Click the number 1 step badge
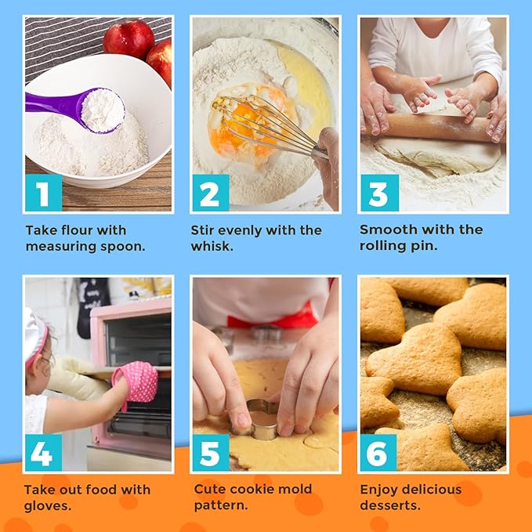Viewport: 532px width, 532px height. pyautogui.click(x=44, y=193)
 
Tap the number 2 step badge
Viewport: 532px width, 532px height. pyautogui.click(x=211, y=193)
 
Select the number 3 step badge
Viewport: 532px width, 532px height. pyautogui.click(x=379, y=193)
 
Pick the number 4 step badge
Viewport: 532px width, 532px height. pyautogui.click(x=44, y=453)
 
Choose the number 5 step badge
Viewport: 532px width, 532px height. pyautogui.click(x=211, y=453)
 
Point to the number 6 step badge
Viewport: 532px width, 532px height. pyautogui.click(x=378, y=453)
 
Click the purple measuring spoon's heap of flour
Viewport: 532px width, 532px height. pyautogui.click(x=103, y=110)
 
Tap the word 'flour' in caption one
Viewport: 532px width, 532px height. pyautogui.click(x=76, y=230)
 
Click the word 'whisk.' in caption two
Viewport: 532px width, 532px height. pyautogui.click(x=212, y=246)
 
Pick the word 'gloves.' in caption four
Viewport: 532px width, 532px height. pyautogui.click(x=48, y=506)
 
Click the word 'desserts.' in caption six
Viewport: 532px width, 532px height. pyautogui.click(x=390, y=505)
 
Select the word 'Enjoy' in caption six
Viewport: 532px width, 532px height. pyautogui.click(x=379, y=490)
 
